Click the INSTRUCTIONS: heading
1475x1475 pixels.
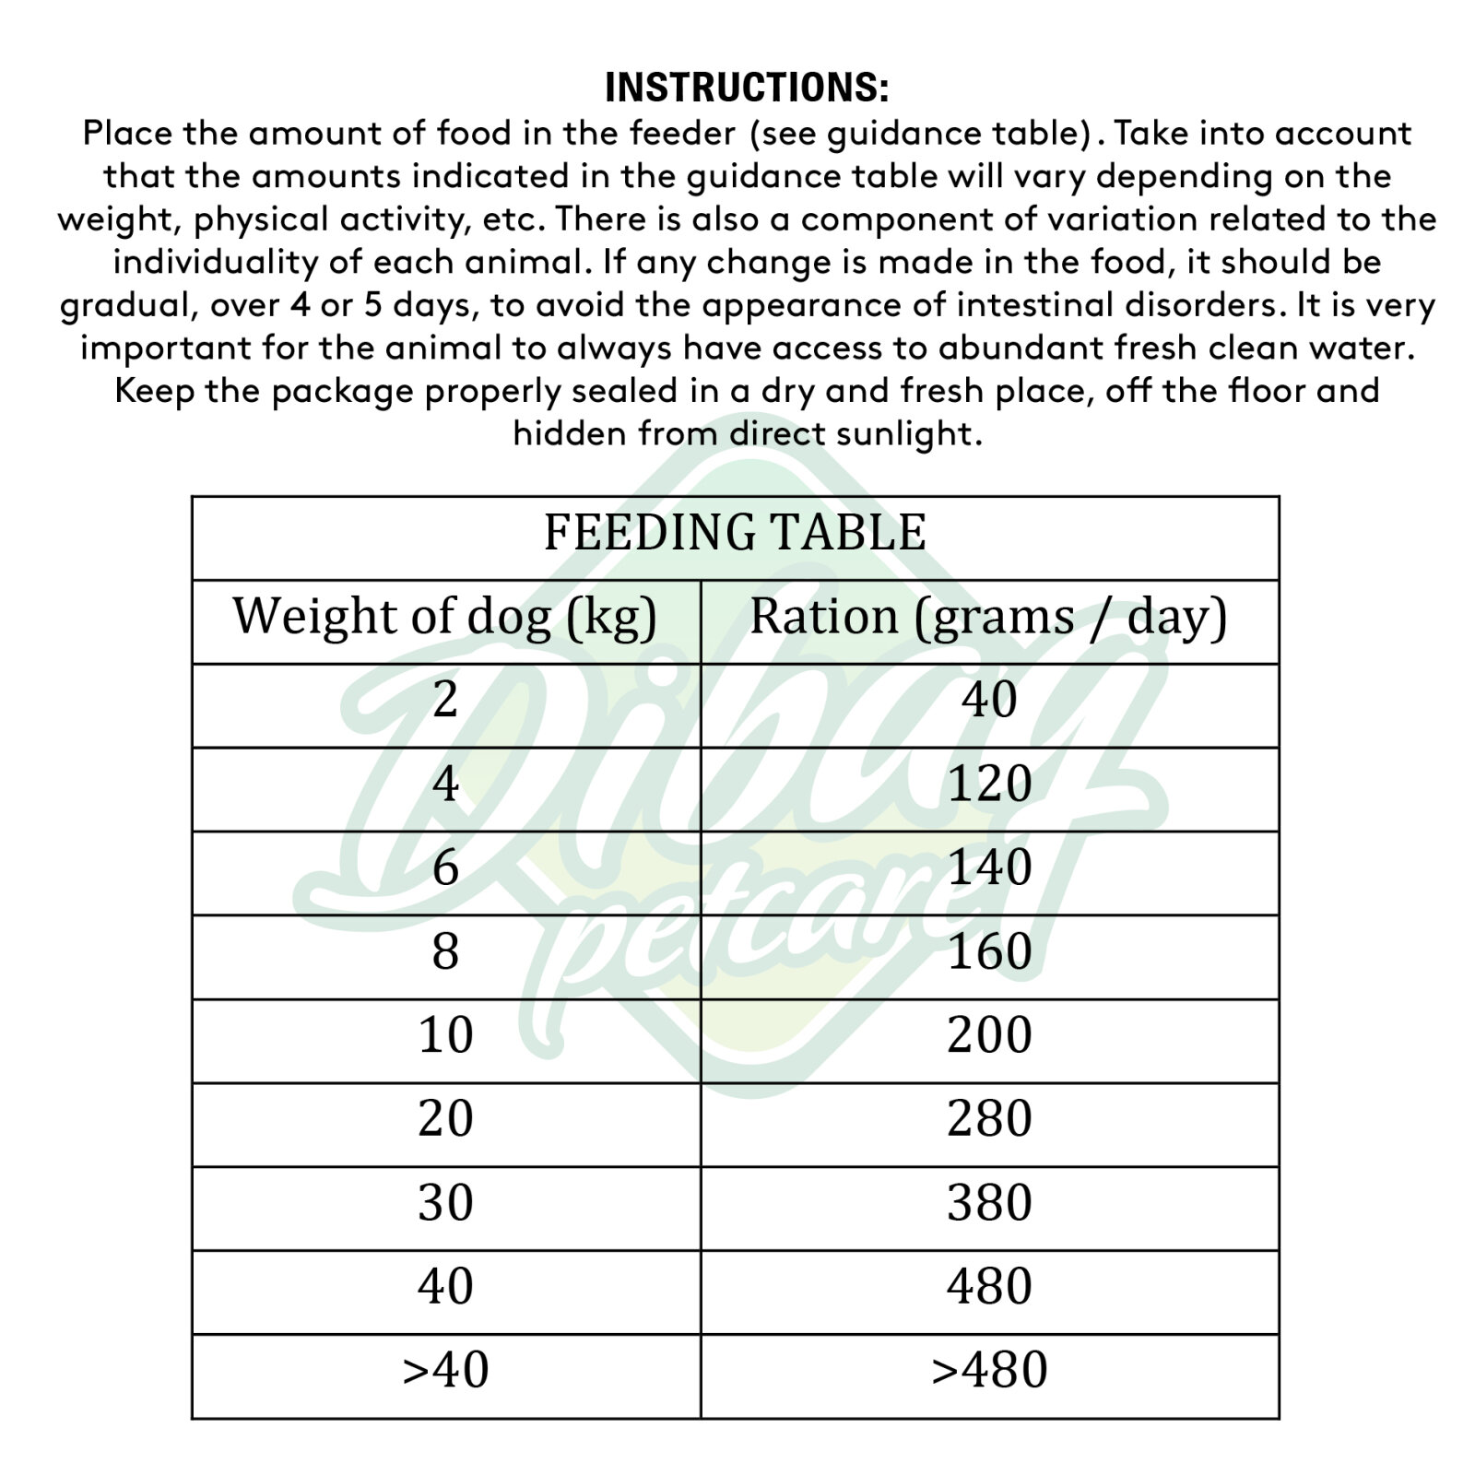point(747,88)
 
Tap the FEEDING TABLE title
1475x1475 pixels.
point(735,533)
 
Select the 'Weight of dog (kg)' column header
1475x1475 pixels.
point(445,617)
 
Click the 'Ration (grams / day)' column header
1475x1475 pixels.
point(988,617)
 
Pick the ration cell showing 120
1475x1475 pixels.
point(989,785)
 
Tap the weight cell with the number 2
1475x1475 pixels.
point(445,701)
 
